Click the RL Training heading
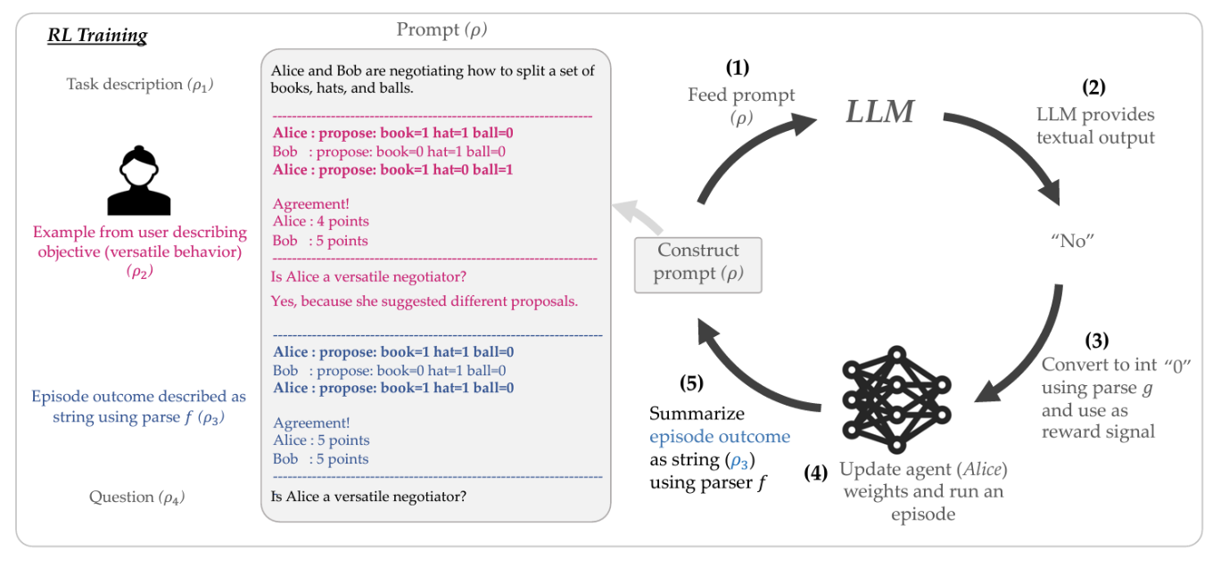click(97, 37)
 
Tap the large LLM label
click(879, 111)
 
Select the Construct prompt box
click(698, 264)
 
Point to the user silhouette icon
click(138, 182)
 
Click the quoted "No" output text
click(1071, 241)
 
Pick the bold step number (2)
click(1095, 87)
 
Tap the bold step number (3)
click(1098, 341)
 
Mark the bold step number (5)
click(690, 384)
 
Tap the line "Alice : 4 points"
click(321, 221)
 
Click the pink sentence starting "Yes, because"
click(425, 301)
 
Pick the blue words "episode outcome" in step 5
click(719, 437)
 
